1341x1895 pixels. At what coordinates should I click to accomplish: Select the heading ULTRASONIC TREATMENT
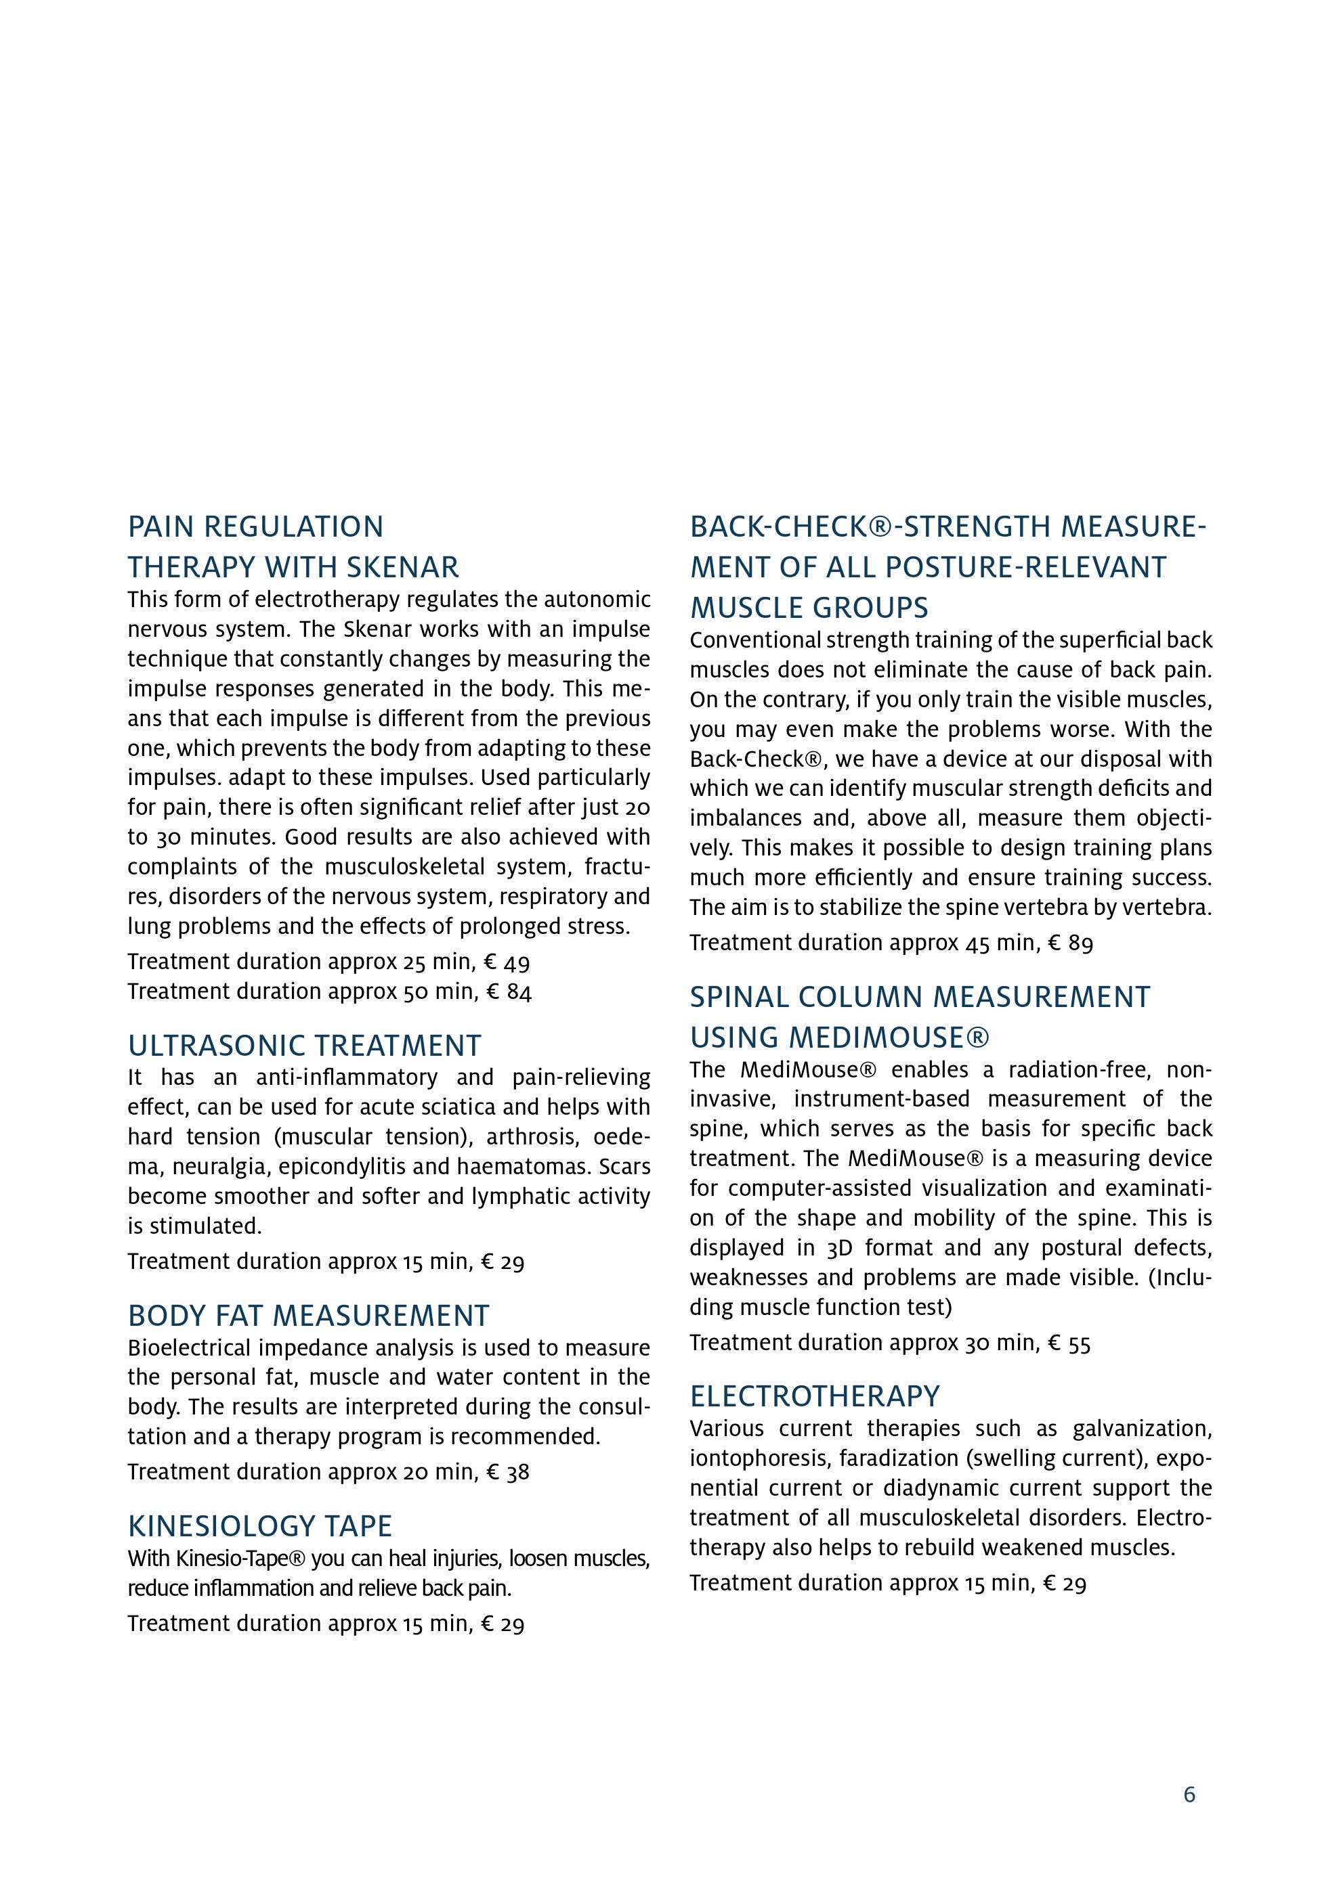click(304, 1046)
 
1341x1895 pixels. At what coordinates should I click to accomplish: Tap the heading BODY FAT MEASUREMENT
click(308, 1316)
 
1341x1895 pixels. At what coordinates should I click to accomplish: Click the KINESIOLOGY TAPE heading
click(259, 1526)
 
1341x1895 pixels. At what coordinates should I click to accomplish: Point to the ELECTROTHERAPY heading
click(814, 1396)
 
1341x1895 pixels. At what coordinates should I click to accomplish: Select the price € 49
click(508, 962)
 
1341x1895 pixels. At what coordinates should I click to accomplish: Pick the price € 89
click(1070, 943)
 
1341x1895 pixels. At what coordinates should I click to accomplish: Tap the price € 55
click(1069, 1343)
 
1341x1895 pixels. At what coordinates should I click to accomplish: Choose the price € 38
click(508, 1471)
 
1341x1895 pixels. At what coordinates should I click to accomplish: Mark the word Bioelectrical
click(190, 1347)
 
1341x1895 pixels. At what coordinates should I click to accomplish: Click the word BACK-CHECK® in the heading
click(788, 527)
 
